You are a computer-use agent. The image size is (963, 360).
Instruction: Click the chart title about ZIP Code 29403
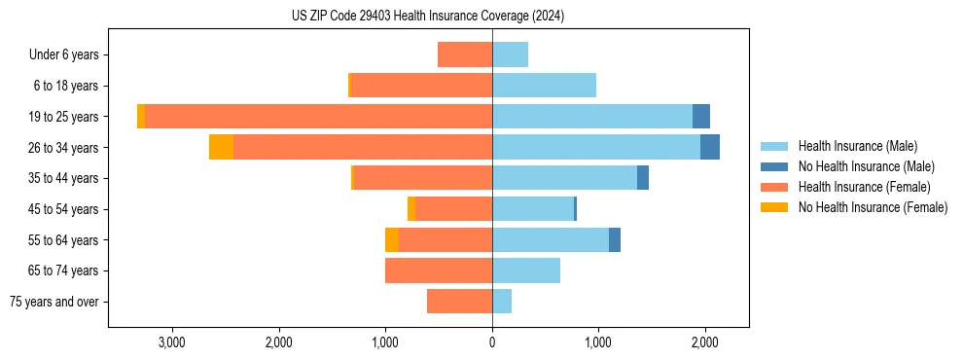428,17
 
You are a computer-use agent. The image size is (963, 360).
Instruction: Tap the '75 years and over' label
54,302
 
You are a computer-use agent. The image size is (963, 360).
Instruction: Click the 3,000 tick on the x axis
171,342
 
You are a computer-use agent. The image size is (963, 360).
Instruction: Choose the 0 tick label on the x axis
492,342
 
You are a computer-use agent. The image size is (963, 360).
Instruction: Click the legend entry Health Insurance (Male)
857,146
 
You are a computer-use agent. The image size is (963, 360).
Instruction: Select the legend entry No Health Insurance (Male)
866,166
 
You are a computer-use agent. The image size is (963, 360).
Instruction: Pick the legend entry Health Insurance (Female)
865,187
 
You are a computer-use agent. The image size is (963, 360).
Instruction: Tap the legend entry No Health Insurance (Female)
873,207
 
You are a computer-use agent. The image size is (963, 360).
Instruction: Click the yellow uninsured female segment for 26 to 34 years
221,147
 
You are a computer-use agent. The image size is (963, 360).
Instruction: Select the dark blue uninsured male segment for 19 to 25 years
701,116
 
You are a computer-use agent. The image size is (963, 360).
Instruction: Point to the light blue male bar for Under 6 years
510,54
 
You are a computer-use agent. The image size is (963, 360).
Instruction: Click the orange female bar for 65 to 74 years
439,270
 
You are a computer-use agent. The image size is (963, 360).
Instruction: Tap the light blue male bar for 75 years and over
502,302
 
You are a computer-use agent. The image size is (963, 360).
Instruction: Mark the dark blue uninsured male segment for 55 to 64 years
615,239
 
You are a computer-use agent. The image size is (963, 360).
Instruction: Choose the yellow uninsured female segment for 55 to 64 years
392,239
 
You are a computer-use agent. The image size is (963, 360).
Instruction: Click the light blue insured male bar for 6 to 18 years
544,86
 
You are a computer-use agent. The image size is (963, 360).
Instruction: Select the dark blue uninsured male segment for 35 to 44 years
643,178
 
